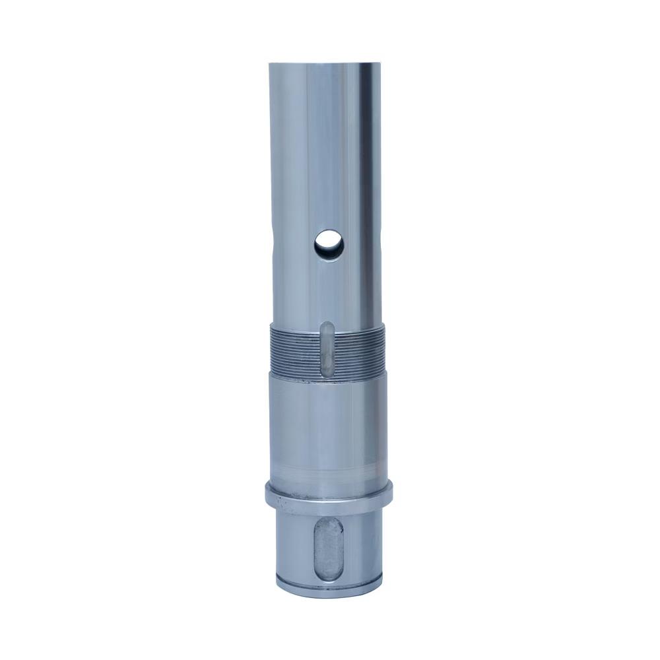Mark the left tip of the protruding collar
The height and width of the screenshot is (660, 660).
[265, 492]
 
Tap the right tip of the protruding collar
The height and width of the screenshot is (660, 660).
[395, 492]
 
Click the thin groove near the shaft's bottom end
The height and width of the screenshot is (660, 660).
[329, 581]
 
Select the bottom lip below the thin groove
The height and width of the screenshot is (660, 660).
[329, 588]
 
